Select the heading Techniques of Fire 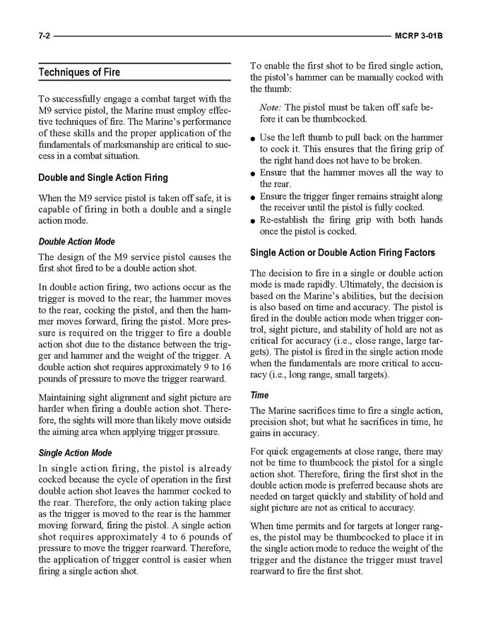(x=79, y=73)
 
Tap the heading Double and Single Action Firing (x=102, y=178)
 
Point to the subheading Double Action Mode (x=76, y=242)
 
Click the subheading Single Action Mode (x=75, y=453)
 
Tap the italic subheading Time (x=259, y=396)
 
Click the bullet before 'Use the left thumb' (x=253, y=138)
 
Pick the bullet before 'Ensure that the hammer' (x=253, y=174)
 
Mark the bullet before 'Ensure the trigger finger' (x=253, y=197)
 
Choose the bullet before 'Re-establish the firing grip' (x=253, y=221)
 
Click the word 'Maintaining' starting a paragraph (x=64, y=397)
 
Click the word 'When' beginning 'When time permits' (x=262, y=526)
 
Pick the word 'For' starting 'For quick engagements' (x=258, y=450)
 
